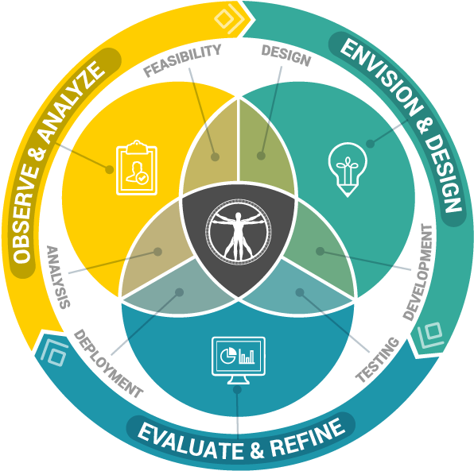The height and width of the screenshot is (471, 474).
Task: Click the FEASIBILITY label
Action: point(182,60)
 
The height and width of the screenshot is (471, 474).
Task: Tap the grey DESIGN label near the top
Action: point(286,56)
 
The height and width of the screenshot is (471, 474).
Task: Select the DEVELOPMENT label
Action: point(418,272)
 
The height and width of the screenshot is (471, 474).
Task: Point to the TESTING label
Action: point(378,360)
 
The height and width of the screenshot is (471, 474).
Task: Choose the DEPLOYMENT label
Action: point(107,364)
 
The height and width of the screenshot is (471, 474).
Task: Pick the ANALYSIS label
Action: point(58,277)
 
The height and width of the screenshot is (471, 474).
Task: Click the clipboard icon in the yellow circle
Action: point(137,168)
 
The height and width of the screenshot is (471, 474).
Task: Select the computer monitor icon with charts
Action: point(239,360)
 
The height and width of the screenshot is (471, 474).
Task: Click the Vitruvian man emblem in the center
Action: point(239,232)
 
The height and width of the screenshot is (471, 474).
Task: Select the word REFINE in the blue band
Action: point(308,438)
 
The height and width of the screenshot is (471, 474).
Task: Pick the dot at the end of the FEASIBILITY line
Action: point(215,157)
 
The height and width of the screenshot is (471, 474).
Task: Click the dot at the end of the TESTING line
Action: point(300,292)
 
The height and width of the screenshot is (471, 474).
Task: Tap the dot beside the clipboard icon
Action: point(109,169)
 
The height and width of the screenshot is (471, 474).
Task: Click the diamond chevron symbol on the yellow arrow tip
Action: point(231,19)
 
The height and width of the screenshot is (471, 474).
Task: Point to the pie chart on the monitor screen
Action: point(228,355)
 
